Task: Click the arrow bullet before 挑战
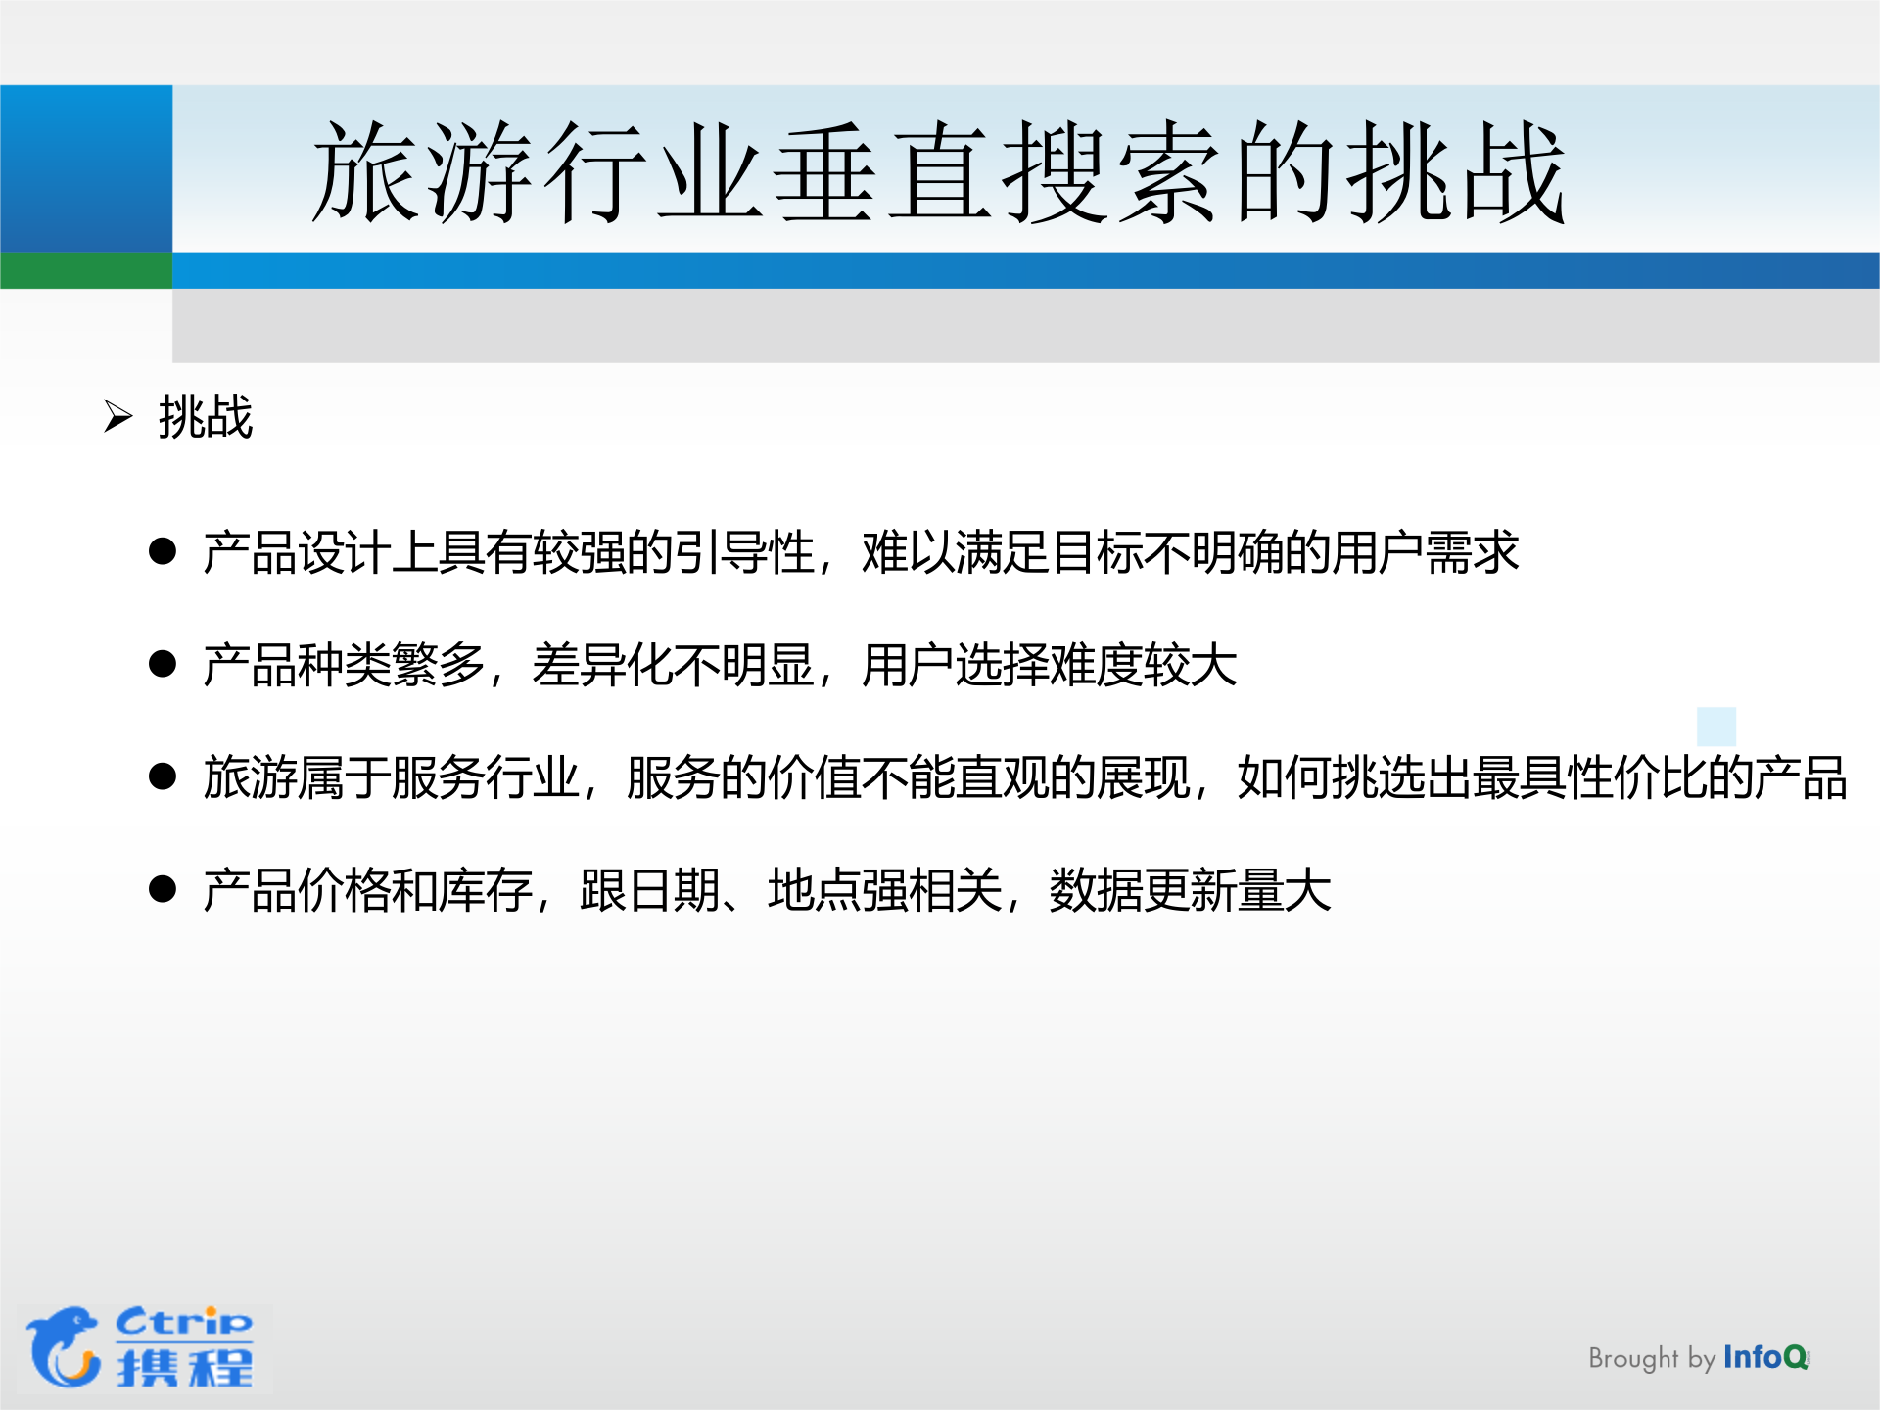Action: point(118,417)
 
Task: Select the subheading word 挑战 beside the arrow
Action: point(206,417)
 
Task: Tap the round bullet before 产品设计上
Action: point(163,551)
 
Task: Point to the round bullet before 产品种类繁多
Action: point(163,664)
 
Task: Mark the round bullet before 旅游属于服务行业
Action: point(163,776)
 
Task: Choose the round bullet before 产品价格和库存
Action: point(163,889)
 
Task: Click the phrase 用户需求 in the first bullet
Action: point(1425,552)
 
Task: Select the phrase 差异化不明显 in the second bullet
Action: point(674,665)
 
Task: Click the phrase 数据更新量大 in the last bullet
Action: point(1190,890)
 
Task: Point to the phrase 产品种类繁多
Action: point(345,665)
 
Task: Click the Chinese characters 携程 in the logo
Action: point(185,1367)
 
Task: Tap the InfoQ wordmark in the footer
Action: point(1765,1357)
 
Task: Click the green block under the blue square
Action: point(86,270)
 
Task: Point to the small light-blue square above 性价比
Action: point(1716,727)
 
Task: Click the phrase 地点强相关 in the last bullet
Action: point(885,890)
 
